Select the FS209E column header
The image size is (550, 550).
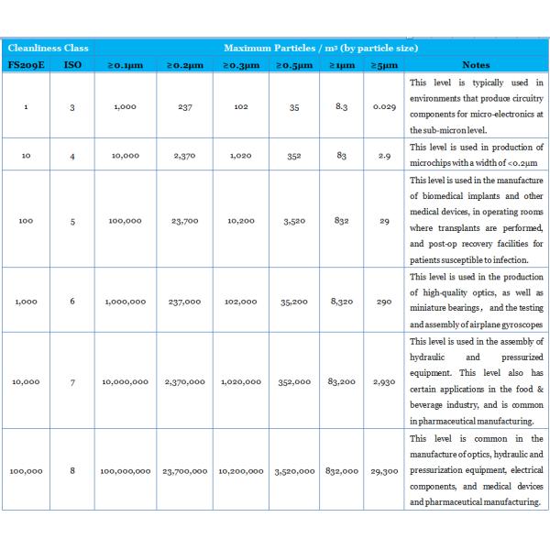point(26,65)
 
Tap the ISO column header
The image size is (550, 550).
point(72,65)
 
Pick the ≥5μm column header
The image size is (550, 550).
point(385,65)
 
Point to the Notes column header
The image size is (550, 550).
point(476,65)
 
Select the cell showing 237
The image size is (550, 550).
point(184,106)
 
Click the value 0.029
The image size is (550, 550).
point(385,106)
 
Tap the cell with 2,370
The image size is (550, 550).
point(184,156)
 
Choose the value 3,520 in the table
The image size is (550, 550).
point(293,220)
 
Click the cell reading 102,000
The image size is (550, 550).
point(239,300)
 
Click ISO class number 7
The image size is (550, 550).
point(72,381)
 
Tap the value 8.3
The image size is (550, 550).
point(341,106)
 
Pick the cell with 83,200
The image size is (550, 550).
point(341,381)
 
